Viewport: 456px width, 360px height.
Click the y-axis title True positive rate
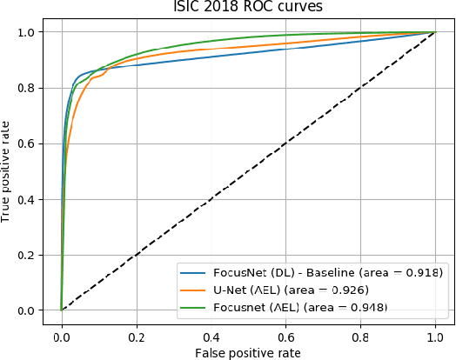tap(7, 170)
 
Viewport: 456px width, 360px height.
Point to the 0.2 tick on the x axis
tap(136, 333)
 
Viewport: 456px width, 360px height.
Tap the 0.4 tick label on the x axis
tap(211, 333)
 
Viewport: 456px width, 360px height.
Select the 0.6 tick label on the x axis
tap(285, 333)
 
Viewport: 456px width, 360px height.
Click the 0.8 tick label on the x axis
tap(360, 333)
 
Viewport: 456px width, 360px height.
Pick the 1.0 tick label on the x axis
tap(435, 333)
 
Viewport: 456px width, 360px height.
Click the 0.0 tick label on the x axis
tap(61, 333)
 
